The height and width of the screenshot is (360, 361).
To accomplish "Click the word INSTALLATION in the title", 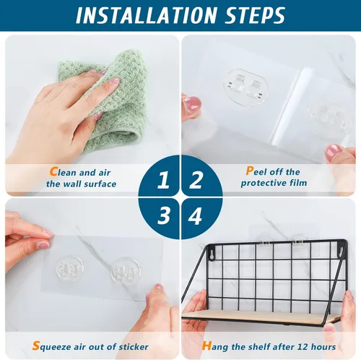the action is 146,15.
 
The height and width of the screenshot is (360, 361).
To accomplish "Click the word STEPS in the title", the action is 255,15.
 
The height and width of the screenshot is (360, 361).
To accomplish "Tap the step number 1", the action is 163,180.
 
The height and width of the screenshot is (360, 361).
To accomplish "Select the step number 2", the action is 196,180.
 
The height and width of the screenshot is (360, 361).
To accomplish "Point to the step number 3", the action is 163,215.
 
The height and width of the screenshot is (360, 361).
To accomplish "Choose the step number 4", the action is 195,215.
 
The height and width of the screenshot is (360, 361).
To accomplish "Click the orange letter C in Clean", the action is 53,172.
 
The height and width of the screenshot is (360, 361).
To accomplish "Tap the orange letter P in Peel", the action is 250,171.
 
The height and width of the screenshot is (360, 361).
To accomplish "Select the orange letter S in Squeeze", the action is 36,346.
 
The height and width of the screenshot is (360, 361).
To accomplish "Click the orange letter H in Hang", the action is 206,346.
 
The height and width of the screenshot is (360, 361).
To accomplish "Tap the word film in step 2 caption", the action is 298,183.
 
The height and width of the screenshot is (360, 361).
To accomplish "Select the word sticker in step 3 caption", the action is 134,347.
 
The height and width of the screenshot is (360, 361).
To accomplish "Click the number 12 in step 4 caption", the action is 303,347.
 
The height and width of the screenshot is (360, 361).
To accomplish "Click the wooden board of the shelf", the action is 260,317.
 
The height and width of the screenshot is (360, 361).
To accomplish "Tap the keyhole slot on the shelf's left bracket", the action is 212,255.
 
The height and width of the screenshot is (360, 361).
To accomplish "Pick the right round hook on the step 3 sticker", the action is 126,270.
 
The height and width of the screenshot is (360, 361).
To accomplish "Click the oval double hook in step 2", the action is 245,87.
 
